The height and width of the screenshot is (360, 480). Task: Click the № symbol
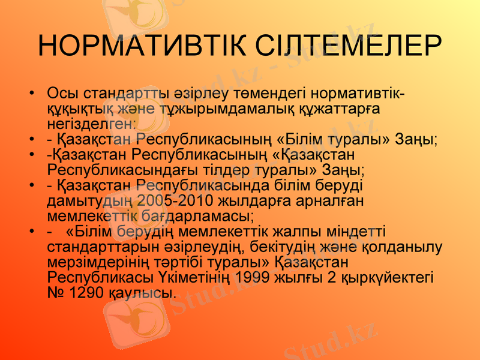coord(56,293)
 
